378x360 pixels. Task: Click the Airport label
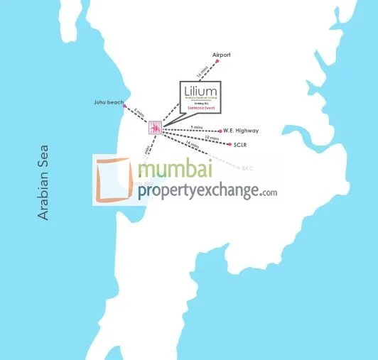(222, 55)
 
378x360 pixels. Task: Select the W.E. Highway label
(240, 131)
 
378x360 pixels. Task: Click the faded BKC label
(247, 169)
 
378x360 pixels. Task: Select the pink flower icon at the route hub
(154, 128)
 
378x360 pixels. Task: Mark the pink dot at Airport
(217, 62)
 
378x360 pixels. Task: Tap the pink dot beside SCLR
(229, 144)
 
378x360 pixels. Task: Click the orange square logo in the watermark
(114, 180)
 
